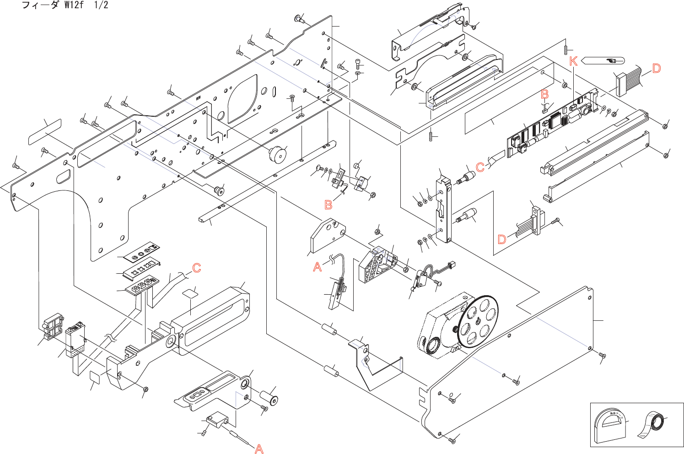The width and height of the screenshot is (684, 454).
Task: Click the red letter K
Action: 573,61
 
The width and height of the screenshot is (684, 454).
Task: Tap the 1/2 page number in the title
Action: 101,5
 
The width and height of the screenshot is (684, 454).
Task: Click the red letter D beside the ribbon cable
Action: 657,69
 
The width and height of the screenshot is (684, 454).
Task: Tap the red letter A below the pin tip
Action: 259,449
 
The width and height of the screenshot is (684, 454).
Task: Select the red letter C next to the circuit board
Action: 480,167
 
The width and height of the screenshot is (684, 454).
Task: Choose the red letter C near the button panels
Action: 197,268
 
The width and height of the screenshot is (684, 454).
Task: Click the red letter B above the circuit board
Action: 545,94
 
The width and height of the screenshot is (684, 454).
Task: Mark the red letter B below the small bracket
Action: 329,205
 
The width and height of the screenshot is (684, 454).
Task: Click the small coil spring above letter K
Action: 566,49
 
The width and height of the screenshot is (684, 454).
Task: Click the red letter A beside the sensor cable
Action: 318,267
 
